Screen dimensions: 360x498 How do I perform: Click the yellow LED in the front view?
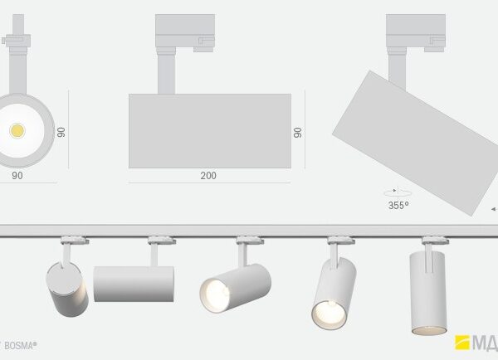16,130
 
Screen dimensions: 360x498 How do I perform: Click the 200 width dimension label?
208,176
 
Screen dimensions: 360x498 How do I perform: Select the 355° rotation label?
398,205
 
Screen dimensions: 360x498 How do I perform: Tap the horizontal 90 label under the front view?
17,176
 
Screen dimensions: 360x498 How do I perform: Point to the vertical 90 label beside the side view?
297,132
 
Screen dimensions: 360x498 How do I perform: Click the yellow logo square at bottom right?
461,342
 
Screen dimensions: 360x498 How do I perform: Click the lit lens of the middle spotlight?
213,294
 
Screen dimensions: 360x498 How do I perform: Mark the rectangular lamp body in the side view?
209,132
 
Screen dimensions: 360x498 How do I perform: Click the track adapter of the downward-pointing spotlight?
431,241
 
